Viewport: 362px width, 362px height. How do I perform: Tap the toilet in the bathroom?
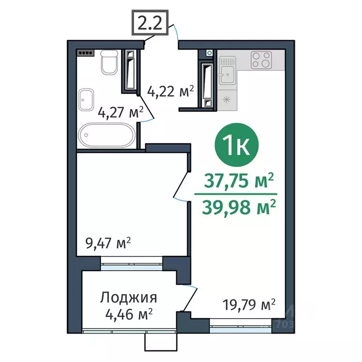point(109,63)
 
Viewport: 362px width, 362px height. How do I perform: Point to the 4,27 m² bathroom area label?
point(120,113)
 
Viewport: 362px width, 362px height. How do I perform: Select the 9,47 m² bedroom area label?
point(107,244)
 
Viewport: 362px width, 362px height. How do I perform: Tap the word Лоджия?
point(128,298)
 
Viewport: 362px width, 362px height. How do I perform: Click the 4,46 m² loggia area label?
point(128,313)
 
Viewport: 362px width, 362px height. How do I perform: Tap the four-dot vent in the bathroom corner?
point(87,53)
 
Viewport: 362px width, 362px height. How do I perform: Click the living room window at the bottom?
point(241,323)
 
